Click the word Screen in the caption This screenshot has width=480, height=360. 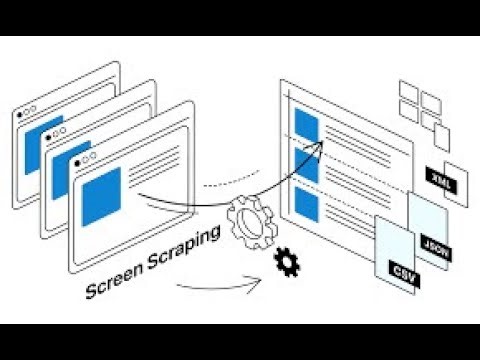[x=116, y=283]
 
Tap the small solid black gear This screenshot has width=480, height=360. [x=288, y=263]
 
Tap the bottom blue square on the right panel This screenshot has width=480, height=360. [x=307, y=206]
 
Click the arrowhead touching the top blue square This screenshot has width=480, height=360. [x=322, y=143]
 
